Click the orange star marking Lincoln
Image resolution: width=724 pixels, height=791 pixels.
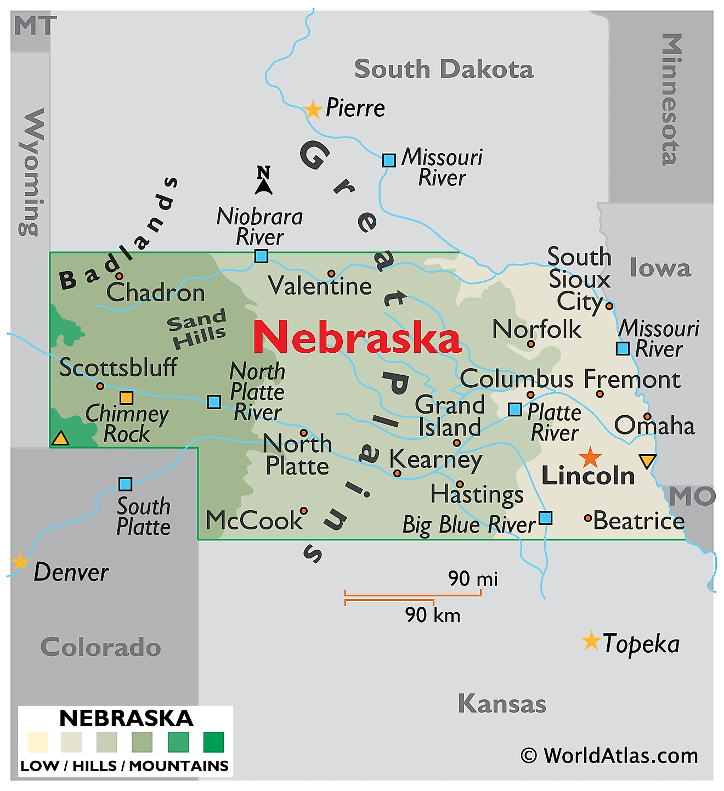point(590,457)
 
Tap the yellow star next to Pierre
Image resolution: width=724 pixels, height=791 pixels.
point(313,110)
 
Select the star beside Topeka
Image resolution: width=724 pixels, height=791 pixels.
point(591,641)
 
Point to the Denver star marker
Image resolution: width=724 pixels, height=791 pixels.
point(20,562)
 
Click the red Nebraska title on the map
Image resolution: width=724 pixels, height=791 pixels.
point(357,337)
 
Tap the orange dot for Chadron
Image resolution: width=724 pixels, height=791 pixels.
point(119,276)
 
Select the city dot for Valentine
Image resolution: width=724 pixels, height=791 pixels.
point(331,273)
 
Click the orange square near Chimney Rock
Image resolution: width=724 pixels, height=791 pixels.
point(126,398)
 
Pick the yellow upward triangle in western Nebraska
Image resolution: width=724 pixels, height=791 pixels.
point(60,438)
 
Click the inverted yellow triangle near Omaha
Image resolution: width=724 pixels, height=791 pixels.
point(648,461)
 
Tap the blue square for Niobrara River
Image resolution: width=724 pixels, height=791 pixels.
point(261,256)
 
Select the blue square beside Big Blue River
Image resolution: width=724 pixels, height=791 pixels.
point(545,518)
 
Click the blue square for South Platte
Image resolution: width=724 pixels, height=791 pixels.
point(126,484)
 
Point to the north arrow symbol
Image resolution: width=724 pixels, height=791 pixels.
point(264,180)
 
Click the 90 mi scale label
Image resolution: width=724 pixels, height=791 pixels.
point(473,578)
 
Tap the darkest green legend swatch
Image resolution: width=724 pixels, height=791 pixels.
point(213,742)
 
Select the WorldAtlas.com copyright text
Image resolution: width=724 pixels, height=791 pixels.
point(609,756)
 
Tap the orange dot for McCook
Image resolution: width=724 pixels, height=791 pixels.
point(303,511)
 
